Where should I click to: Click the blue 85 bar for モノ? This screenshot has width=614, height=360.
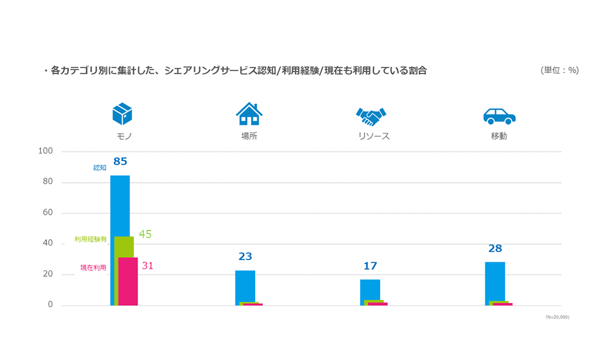tap(120, 205)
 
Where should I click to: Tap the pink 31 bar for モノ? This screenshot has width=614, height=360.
tap(129, 281)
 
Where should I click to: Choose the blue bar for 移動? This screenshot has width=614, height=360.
tap(495, 281)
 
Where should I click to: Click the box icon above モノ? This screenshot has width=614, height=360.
tap(122, 114)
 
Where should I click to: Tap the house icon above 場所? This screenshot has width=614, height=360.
tap(249, 114)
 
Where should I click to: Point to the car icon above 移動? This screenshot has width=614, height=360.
tap(499, 116)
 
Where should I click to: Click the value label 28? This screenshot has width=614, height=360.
tap(495, 248)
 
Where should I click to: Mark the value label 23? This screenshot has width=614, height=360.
tap(245, 256)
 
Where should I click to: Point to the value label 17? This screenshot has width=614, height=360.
tap(370, 265)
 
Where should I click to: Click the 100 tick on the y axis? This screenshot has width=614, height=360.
tap(45, 152)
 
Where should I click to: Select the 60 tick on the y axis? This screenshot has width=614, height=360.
tap(48, 213)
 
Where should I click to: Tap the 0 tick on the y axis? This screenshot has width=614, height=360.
tap(51, 305)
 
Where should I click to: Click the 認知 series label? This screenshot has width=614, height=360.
tap(100, 168)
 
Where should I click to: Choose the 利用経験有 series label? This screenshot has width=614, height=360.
tap(90, 239)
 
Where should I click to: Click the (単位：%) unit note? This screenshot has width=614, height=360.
tap(560, 70)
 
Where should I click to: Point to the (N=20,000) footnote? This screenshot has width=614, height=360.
tap(557, 317)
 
